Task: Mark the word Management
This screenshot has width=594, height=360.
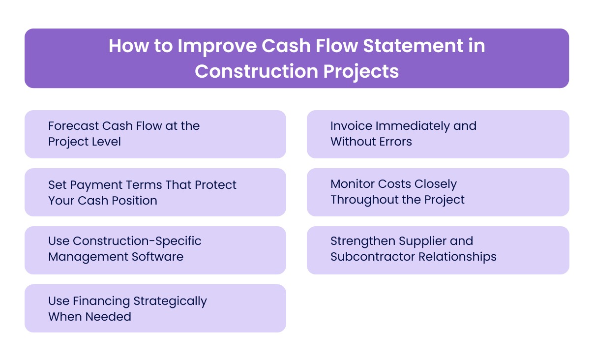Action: click(81, 257)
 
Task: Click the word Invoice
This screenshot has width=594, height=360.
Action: click(351, 126)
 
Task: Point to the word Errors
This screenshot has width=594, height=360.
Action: click(395, 142)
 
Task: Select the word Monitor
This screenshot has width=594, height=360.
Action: click(352, 184)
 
